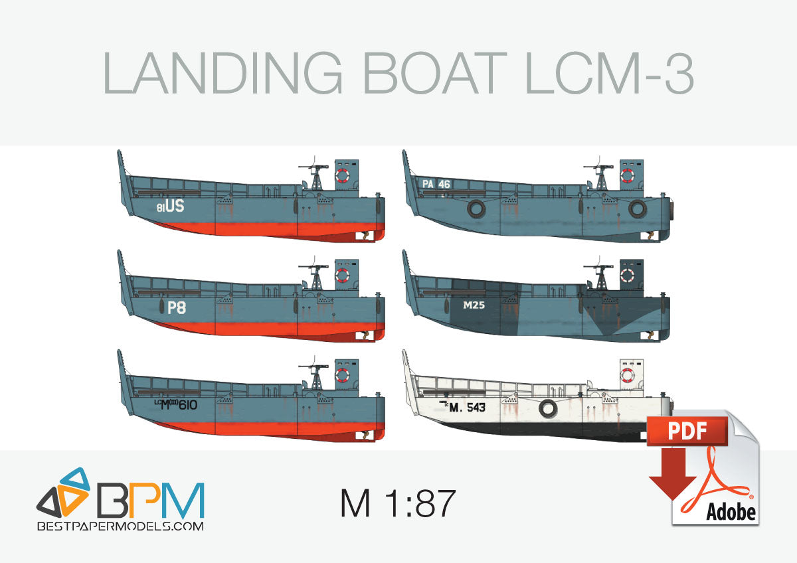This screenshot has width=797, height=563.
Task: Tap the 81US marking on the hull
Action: (x=170, y=207)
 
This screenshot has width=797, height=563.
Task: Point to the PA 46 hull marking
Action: (x=436, y=184)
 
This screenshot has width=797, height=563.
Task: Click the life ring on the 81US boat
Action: (x=342, y=175)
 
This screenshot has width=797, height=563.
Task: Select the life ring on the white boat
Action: (x=627, y=376)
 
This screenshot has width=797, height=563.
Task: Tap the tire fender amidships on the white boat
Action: (x=547, y=410)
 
